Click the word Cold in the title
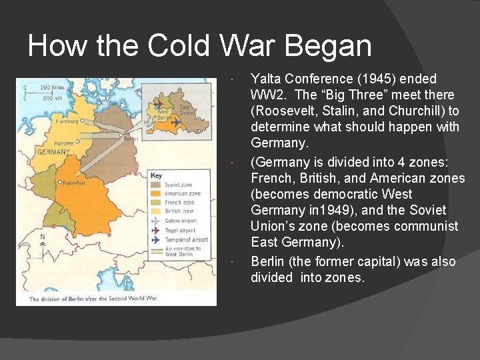[x=179, y=46]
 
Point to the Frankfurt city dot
[x=60, y=182]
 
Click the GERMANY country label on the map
[x=53, y=151]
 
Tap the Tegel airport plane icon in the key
[x=156, y=230]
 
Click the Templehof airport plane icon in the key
[x=156, y=239]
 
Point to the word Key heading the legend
[x=156, y=176]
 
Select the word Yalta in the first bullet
[x=265, y=79]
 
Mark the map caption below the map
[x=93, y=299]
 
